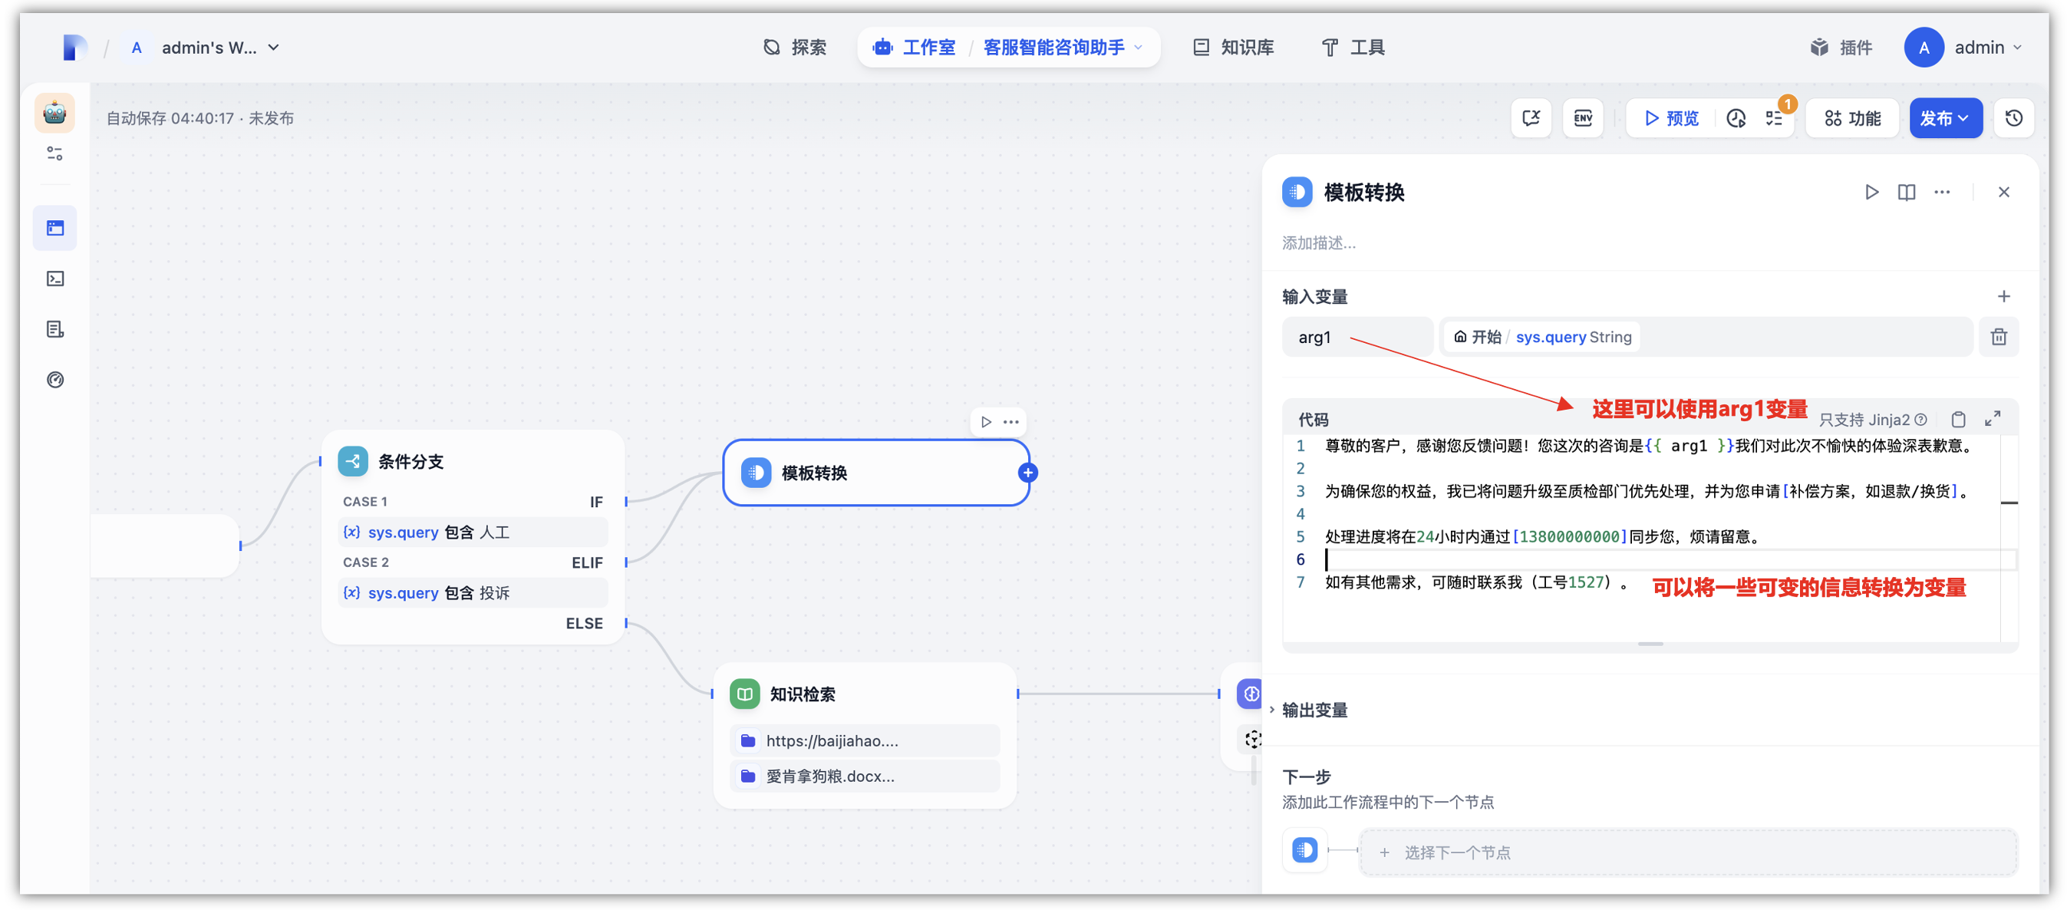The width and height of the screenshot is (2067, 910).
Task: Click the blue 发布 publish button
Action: [1943, 118]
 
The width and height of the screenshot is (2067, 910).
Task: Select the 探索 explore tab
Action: [794, 48]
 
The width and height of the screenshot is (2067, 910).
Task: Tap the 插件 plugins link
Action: [1841, 48]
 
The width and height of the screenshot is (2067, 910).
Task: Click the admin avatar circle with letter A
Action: [1924, 48]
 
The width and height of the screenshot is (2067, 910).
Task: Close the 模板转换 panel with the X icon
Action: [2003, 192]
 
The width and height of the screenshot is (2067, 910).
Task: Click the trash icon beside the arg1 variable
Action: [1999, 337]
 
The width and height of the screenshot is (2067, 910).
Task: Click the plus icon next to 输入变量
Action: [2003, 297]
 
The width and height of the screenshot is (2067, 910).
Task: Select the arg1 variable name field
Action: [1356, 337]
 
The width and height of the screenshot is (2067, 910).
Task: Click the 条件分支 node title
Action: [410, 461]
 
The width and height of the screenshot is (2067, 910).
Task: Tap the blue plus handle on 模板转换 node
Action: [1028, 473]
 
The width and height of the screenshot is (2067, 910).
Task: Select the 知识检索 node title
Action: [803, 694]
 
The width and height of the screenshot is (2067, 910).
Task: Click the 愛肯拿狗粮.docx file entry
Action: [829, 776]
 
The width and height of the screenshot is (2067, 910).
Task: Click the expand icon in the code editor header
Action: [1993, 419]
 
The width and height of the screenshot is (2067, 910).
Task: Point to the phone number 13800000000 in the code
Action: [1570, 537]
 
